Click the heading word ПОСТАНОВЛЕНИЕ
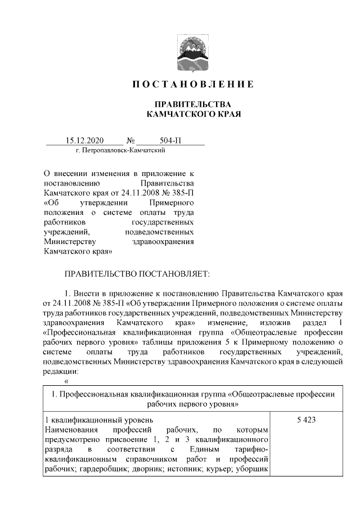[193, 84]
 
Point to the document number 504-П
[171, 141]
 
